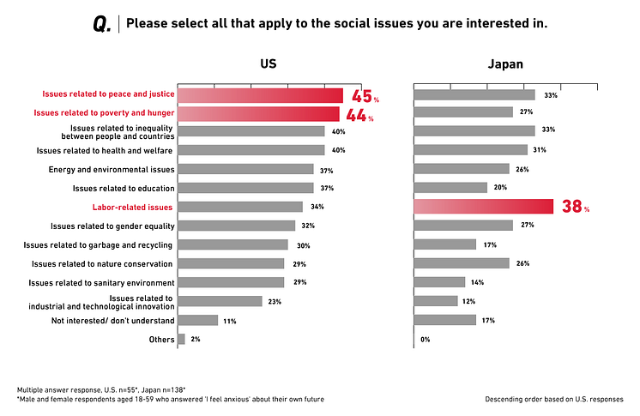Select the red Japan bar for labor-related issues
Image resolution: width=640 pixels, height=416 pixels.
point(483,207)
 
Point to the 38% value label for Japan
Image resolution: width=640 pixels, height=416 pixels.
point(576,207)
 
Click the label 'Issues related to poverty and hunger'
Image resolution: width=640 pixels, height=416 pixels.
point(104,113)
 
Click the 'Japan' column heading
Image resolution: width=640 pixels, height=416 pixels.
point(505,63)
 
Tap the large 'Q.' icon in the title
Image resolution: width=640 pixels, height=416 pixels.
point(102,24)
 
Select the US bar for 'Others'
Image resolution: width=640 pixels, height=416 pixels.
point(181,339)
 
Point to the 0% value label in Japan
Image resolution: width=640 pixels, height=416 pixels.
point(425,339)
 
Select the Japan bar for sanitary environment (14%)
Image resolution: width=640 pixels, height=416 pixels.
point(439,282)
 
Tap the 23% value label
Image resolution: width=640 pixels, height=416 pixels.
point(275,301)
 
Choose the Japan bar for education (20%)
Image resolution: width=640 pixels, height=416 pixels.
point(450,188)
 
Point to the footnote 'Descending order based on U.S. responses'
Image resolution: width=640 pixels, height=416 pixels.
point(553,399)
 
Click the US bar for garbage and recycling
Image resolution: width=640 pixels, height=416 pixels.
point(232,244)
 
